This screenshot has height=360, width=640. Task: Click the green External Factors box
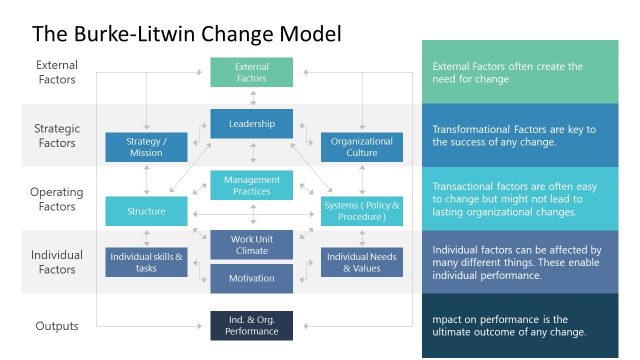point(251,73)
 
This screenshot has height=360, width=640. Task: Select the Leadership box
point(251,123)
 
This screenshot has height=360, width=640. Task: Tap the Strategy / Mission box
point(145,147)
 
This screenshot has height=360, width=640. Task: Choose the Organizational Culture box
point(361,147)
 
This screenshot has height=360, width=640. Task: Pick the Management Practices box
point(251,185)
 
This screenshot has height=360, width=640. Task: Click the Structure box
point(145,211)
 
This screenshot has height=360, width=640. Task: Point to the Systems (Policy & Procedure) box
point(361,211)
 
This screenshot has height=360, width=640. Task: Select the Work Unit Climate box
point(251,245)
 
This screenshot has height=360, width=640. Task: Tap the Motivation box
point(251,279)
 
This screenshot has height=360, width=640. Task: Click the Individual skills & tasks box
point(145,262)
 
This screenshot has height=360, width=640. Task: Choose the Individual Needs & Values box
point(361,262)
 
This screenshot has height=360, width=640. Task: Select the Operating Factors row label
point(56,199)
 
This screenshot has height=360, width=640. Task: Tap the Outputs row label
point(56,325)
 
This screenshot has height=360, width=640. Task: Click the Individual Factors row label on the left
point(55,262)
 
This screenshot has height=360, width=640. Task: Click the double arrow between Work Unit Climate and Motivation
point(252,262)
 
